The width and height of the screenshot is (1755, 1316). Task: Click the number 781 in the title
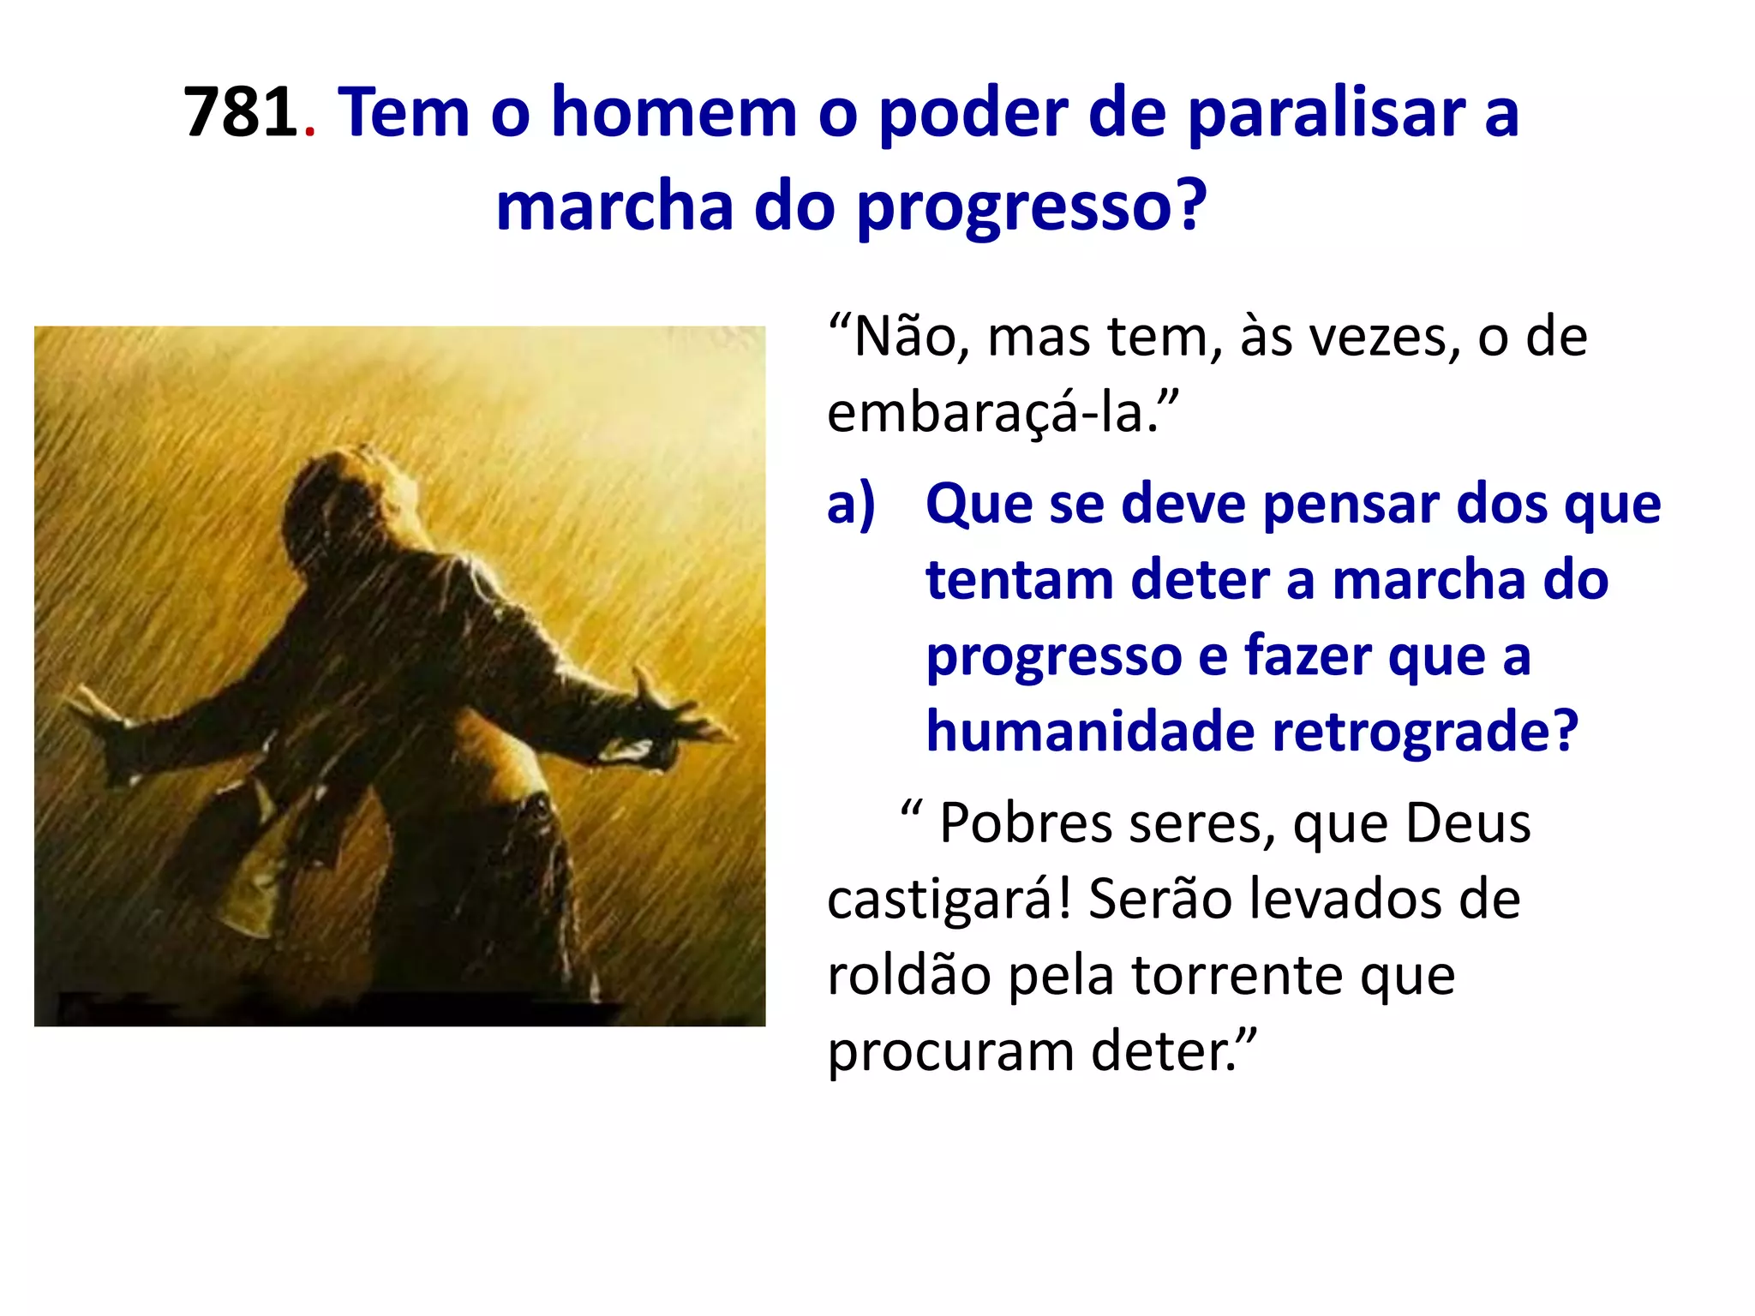[x=240, y=112]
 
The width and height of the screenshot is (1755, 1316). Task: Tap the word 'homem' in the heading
[x=674, y=112]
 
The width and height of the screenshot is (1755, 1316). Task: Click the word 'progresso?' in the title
[x=1032, y=208]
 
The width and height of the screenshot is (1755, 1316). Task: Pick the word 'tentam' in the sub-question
[x=1019, y=580]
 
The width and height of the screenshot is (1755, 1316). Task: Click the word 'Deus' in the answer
[x=1468, y=823]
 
